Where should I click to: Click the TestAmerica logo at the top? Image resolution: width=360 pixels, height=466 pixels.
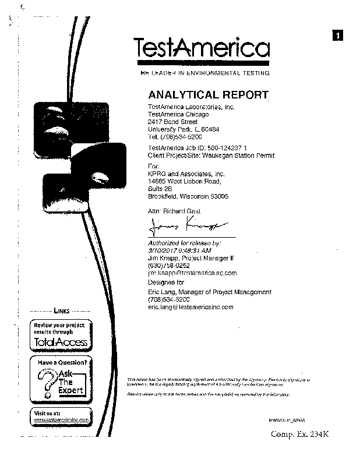click(202, 48)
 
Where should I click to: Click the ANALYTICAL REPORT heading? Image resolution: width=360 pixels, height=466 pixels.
click(209, 94)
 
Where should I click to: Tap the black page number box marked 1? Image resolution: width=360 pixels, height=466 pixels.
click(338, 35)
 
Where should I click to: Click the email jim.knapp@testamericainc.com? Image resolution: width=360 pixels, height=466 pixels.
click(192, 273)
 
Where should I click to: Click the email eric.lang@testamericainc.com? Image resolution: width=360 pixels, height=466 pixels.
click(190, 306)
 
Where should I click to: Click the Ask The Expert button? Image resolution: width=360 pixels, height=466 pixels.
click(61, 379)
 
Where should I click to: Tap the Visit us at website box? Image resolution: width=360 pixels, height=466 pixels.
click(61, 416)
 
